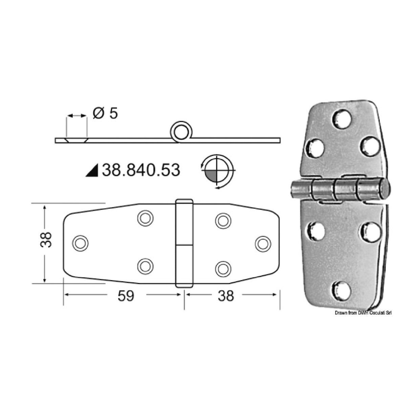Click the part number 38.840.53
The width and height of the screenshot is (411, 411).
coord(141,170)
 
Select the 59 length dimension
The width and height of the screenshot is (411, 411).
coord(126,296)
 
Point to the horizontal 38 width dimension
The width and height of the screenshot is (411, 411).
coord(226,296)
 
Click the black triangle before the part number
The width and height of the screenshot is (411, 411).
coord(91,171)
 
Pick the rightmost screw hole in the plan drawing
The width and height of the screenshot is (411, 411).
coord(263,243)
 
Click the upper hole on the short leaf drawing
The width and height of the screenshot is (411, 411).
coord(222,220)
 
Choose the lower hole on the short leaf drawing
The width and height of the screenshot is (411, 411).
coord(222,268)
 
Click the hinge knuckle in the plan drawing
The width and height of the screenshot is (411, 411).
coord(183,243)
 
